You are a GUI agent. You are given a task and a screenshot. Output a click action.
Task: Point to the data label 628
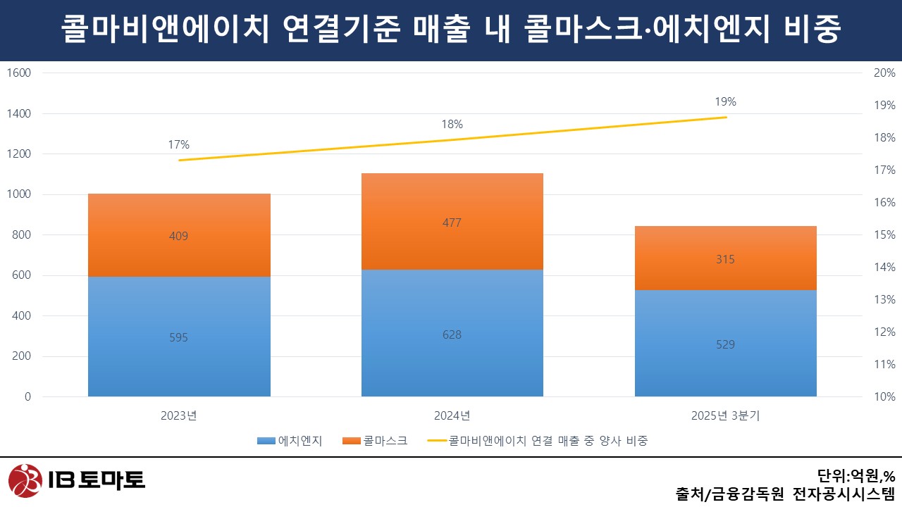tap(452, 334)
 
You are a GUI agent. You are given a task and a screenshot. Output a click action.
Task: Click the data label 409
tap(179, 236)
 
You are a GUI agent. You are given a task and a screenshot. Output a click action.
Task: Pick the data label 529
tap(725, 344)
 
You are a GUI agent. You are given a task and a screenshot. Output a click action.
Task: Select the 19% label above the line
tap(725, 102)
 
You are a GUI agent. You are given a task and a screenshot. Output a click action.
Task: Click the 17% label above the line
tap(179, 145)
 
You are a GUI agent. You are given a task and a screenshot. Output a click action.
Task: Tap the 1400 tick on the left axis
tap(20, 113)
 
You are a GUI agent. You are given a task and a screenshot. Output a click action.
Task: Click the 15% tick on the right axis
tap(884, 234)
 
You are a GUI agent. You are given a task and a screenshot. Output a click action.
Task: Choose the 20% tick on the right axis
tap(884, 73)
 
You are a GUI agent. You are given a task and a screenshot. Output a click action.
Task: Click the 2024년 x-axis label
tap(452, 415)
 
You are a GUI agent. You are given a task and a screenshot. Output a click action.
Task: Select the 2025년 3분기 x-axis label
tap(725, 415)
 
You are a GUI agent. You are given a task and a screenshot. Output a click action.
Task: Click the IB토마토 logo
tap(77, 480)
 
